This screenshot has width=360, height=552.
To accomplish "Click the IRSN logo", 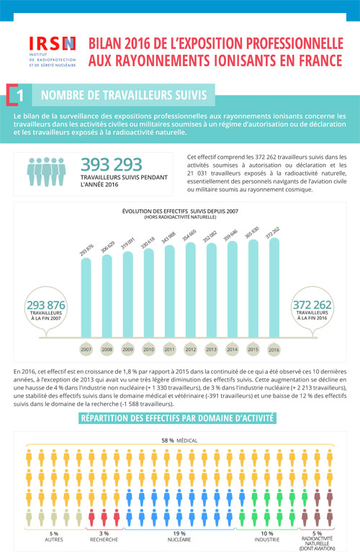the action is [x=53, y=53].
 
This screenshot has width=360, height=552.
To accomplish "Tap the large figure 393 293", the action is [x=112, y=164].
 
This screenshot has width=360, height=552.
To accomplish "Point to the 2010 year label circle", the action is [x=148, y=349].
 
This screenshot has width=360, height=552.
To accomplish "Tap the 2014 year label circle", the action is [x=233, y=349].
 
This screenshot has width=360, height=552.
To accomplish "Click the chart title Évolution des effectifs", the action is [x=180, y=212].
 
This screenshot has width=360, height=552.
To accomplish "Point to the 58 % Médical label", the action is [x=180, y=440].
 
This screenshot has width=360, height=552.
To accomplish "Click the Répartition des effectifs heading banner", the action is [x=179, y=417].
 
